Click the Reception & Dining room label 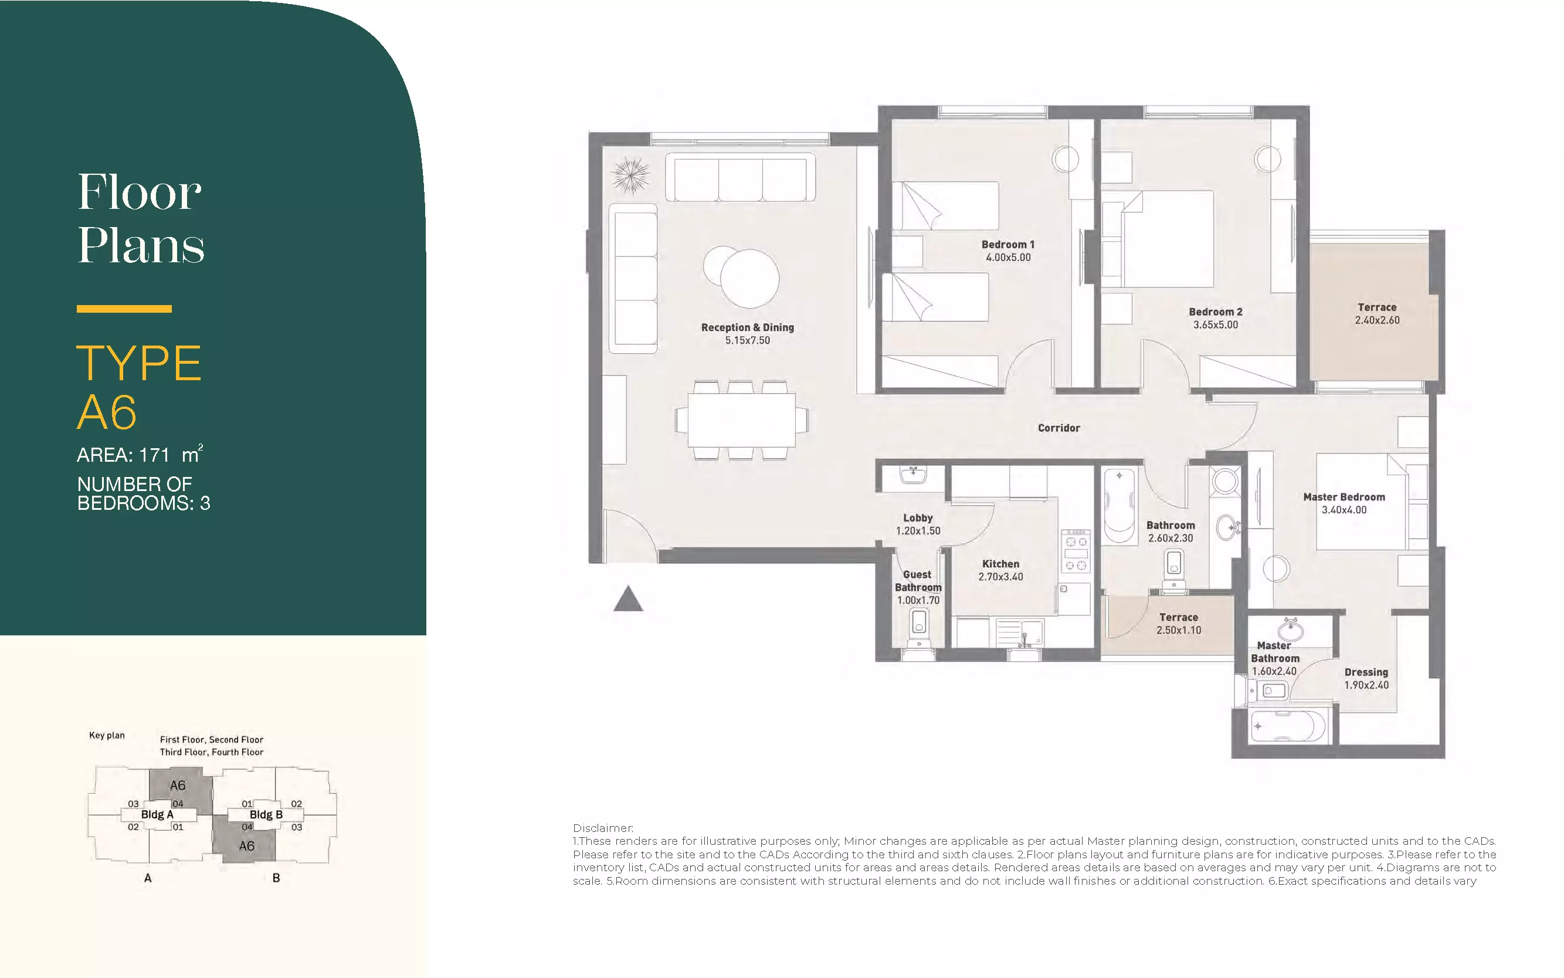click(748, 327)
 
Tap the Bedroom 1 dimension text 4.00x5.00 click(1008, 258)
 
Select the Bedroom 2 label click(1216, 312)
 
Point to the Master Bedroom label click(1344, 497)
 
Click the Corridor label click(1059, 428)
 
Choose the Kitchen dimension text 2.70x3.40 click(1000, 577)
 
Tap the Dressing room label click(1366, 672)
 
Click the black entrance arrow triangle click(628, 600)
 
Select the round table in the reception click(749, 279)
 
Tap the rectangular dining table click(742, 420)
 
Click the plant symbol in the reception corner click(630, 175)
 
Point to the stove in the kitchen click(1075, 551)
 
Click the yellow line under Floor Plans click(124, 309)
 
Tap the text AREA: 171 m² click(140, 454)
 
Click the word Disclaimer click(603, 828)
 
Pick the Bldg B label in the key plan click(266, 814)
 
